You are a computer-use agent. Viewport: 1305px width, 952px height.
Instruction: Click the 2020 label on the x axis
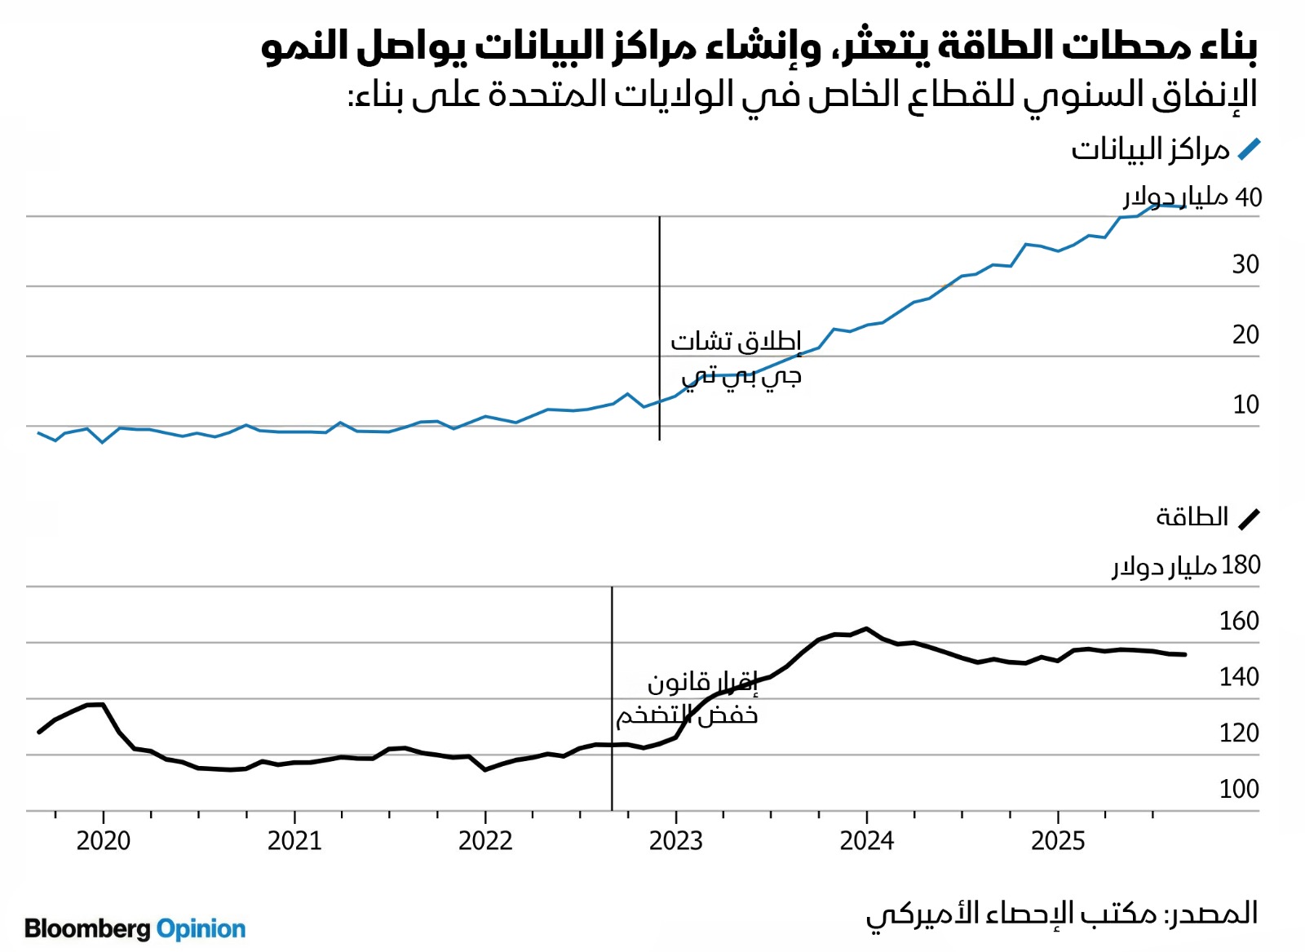click(x=104, y=840)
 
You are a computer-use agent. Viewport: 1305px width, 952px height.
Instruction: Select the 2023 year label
click(x=676, y=840)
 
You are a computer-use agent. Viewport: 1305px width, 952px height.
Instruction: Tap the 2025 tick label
click(x=1058, y=840)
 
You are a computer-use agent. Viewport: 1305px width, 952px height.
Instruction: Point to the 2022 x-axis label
click(x=485, y=840)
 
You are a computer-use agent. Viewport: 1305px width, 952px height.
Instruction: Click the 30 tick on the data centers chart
click(x=1245, y=264)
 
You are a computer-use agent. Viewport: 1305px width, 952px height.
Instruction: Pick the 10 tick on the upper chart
click(x=1245, y=405)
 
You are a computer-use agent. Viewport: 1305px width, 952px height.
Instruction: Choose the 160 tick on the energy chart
click(x=1239, y=621)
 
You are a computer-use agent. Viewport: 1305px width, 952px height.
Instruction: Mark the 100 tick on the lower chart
click(x=1239, y=789)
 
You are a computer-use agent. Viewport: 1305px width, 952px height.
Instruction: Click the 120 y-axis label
click(x=1239, y=733)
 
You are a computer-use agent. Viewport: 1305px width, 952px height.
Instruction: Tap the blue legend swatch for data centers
click(x=1249, y=149)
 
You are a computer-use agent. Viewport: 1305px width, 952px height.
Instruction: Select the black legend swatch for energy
click(x=1249, y=519)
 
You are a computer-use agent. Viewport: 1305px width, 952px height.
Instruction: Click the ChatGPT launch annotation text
click(x=737, y=358)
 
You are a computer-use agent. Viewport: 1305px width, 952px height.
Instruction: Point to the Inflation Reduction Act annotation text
click(x=688, y=698)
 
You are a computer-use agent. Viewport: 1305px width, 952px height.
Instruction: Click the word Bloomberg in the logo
click(x=88, y=928)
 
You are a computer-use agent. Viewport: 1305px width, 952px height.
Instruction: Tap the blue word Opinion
click(x=201, y=928)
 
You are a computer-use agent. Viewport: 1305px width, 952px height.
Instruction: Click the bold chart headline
click(x=759, y=46)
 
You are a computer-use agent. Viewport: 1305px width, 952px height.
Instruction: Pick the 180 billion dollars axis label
click(x=1187, y=565)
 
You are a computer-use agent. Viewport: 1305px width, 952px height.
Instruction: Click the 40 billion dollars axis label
click(x=1192, y=197)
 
